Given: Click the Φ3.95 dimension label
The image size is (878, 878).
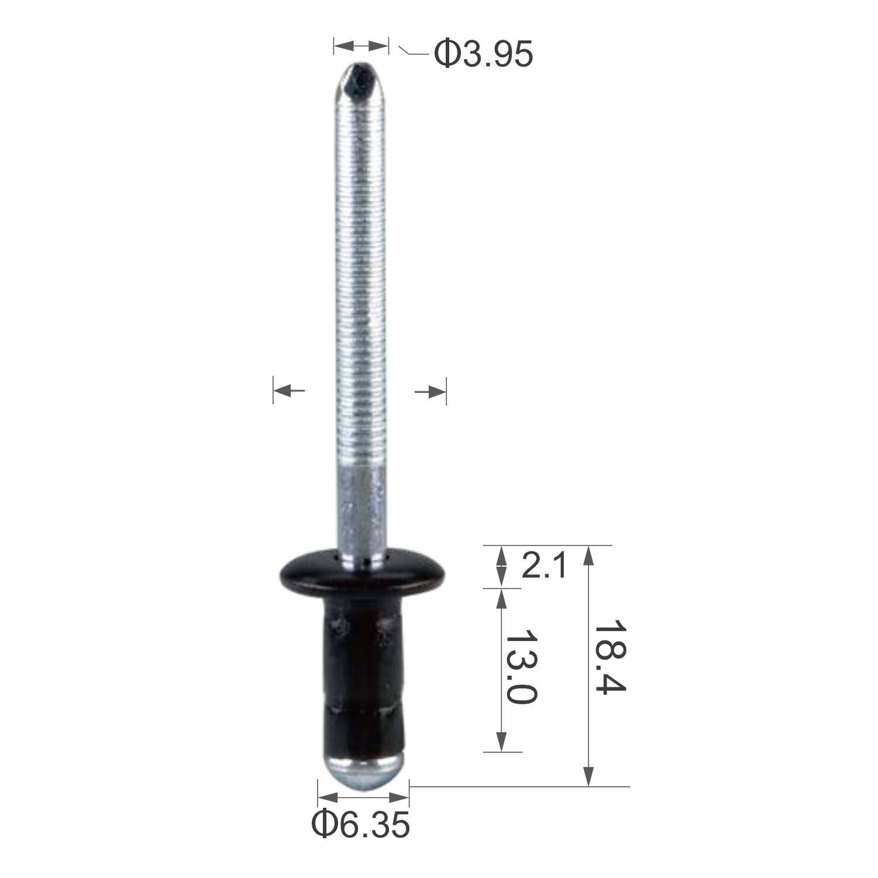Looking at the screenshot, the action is (x=483, y=54).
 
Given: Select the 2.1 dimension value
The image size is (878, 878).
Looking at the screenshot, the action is (x=544, y=566).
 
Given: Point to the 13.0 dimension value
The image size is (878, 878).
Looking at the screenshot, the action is (x=521, y=667).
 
